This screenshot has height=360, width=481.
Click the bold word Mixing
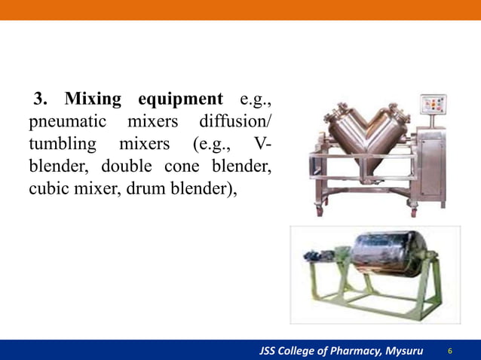95,99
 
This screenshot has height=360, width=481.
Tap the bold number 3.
41,99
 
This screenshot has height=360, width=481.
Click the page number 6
450,351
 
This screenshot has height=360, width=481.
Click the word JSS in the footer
269,351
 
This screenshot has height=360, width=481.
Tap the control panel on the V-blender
432,108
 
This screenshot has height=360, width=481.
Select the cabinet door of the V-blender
431,166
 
